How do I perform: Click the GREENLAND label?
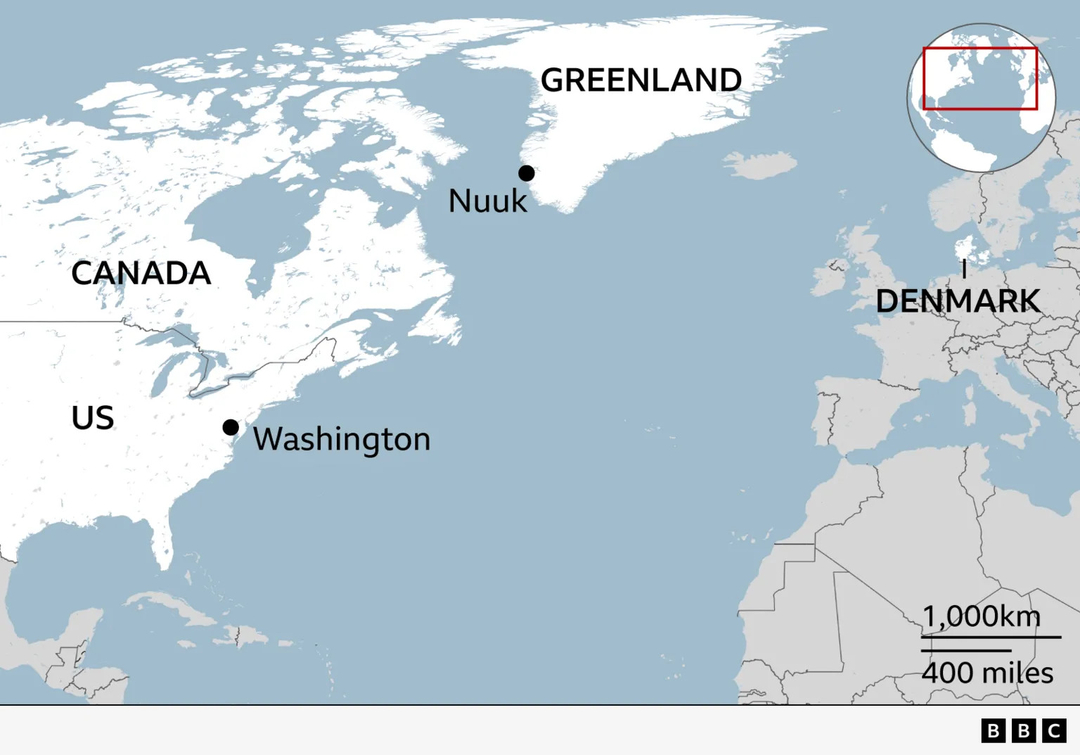(641, 80)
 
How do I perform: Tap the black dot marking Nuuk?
(527, 173)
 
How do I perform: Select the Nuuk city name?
(487, 201)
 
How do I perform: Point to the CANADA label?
(141, 273)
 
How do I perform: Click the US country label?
(93, 418)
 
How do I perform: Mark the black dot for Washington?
(231, 427)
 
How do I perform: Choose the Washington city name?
(342, 439)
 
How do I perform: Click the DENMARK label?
(958, 301)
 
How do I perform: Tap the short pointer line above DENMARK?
(964, 269)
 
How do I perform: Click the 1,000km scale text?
(981, 616)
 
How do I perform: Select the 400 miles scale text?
(987, 673)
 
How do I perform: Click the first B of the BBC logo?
(993, 731)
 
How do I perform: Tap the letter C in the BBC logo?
(1054, 731)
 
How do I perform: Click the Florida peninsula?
(161, 542)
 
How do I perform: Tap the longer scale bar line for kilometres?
(991, 637)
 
